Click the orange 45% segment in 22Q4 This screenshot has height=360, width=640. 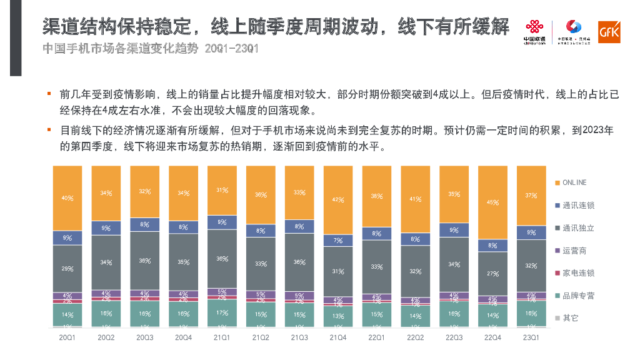492,202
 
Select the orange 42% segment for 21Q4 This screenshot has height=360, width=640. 338,200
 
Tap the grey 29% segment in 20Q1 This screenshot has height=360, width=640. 67,269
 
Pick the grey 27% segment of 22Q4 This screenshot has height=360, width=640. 492,273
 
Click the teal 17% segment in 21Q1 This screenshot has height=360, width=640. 222,312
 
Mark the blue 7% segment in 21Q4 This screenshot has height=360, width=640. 338,241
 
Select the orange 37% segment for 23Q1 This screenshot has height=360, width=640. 531,195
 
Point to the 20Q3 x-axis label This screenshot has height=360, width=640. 145,337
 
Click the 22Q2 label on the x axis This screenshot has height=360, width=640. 415,337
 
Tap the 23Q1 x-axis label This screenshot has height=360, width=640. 531,337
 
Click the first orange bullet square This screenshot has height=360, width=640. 48,94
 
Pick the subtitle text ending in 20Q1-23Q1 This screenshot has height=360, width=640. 150,49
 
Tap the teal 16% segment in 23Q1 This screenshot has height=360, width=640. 531,314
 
